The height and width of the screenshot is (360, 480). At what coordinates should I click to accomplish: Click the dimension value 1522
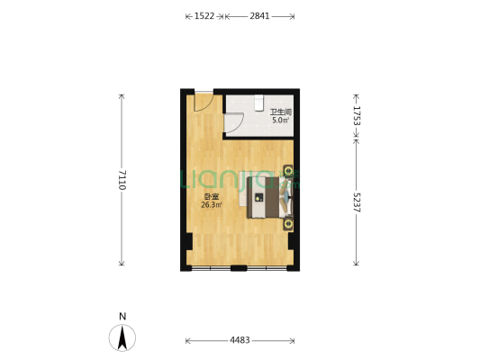204,16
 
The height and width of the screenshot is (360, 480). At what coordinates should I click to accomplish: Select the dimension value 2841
259,16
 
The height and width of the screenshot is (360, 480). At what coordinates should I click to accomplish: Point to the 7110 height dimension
122,180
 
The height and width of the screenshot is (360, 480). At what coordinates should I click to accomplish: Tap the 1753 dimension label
357,115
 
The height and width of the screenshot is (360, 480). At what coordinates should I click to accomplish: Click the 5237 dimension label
357,202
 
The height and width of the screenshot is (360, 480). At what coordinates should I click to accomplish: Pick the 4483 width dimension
240,340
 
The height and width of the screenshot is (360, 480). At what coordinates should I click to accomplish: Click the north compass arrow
122,337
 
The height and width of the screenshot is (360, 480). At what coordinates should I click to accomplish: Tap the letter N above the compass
122,316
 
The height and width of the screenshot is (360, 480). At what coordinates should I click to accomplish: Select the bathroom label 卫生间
280,112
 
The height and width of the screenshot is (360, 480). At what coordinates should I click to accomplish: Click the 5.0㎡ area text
280,120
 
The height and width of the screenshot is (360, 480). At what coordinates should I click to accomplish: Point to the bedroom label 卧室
212,197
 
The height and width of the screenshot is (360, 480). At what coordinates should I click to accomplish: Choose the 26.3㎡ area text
212,205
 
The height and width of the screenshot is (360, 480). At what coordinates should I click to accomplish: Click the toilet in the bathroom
259,103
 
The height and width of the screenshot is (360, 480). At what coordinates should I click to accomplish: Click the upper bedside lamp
288,171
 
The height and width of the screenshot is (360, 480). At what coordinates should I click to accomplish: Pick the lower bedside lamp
288,223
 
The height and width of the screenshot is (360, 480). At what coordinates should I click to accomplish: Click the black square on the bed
259,197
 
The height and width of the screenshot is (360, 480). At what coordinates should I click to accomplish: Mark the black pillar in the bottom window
239,268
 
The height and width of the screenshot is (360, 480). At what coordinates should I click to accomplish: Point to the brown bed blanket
272,197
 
